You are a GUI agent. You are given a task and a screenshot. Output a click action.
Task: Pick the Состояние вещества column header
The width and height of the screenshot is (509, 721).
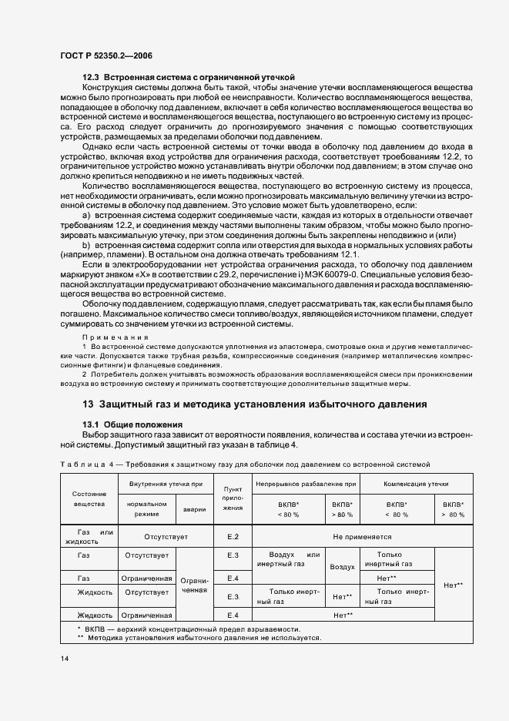click(89, 498)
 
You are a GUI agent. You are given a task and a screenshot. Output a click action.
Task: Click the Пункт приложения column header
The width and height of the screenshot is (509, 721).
click(233, 498)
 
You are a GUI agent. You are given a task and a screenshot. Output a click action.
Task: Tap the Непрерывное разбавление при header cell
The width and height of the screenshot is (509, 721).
click(306, 483)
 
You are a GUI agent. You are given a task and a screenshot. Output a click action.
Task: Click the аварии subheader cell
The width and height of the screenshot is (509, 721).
click(194, 508)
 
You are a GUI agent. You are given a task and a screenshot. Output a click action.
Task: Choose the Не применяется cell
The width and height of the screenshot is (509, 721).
click(362, 536)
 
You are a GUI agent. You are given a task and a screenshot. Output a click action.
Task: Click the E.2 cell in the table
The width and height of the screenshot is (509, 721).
click(233, 536)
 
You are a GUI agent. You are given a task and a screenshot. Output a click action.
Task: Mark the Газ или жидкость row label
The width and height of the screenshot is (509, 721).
click(89, 536)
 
